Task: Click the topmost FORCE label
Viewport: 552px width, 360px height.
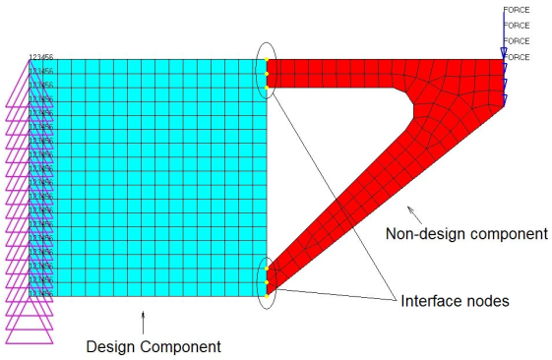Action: pos(517,10)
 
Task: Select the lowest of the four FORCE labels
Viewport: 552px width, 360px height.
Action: pos(517,57)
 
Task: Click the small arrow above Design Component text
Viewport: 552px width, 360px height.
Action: pos(144,319)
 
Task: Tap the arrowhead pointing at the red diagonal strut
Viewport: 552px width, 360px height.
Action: pos(409,206)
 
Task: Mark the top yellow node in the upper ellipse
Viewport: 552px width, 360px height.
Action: pos(267,61)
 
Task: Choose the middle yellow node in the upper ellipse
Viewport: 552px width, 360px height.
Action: pos(267,74)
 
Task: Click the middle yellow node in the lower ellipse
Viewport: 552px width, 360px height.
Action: pos(267,281)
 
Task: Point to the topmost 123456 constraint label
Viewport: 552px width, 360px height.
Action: pos(40,57)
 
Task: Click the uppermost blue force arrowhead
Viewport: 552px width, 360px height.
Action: pos(504,52)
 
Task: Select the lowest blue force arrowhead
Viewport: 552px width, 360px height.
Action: pos(504,99)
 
